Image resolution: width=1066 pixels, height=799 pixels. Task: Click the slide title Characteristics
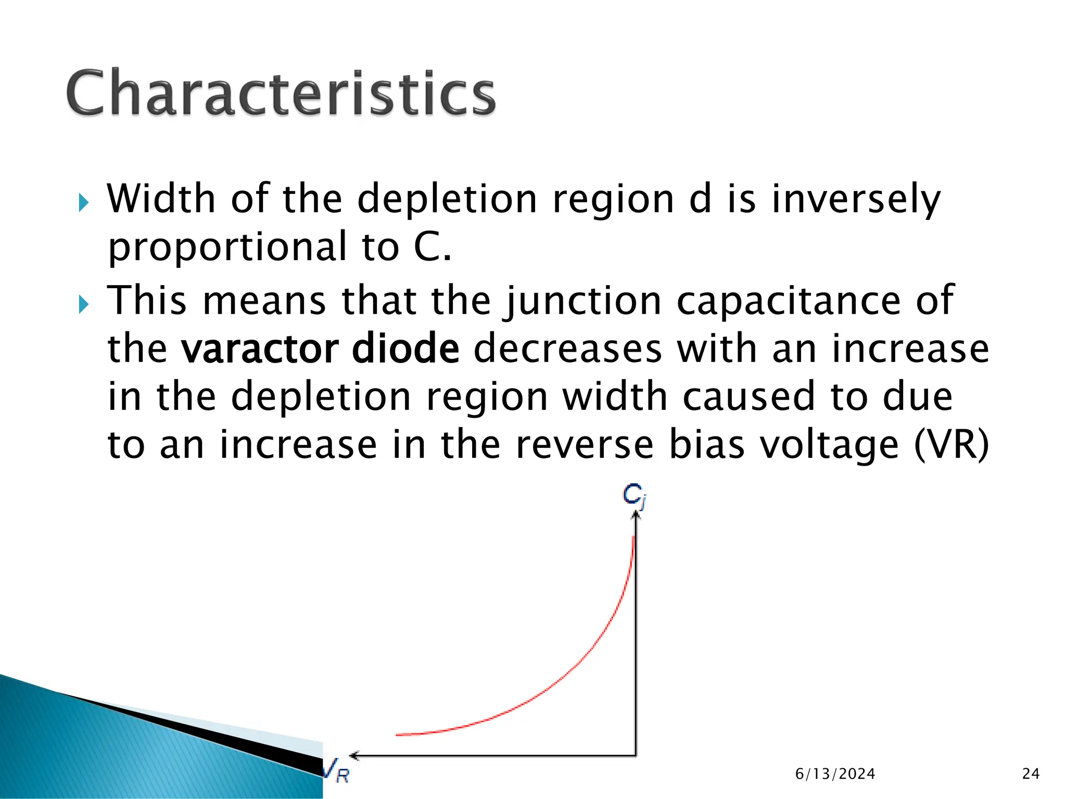(281, 94)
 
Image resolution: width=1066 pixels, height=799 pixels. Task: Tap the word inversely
(856, 200)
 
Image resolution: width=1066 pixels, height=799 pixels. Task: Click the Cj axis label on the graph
(634, 495)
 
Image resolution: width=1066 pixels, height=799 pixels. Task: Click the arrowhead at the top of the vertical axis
(635, 514)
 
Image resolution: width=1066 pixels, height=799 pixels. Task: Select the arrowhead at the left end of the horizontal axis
(354, 755)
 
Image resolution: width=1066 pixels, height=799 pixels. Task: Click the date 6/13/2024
(835, 774)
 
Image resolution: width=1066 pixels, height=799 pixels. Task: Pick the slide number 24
(1031, 774)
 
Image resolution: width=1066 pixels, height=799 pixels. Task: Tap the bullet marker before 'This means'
(84, 304)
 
